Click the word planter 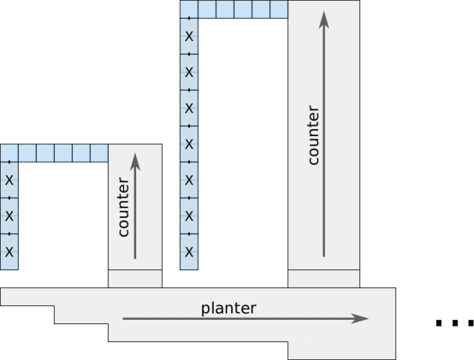pos(228,308)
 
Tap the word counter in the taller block pos(313,135)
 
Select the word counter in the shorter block pos(124,207)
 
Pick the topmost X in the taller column pos(189,36)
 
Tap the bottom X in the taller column pos(189,251)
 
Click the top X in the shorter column pos(9,180)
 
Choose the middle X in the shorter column pos(9,215)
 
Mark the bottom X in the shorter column pos(9,251)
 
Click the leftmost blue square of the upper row pos(189,9)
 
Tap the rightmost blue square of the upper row pos(279,9)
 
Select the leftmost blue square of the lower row pos(9,153)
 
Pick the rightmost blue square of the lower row pos(99,153)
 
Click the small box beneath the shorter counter pos(134,279)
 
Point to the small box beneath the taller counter pos(323,279)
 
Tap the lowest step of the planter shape pos(341,350)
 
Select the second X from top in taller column pos(189,72)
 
